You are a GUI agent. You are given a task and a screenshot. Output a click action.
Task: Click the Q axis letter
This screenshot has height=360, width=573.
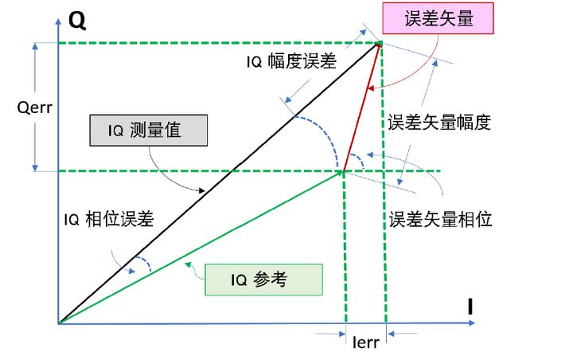point(77,21)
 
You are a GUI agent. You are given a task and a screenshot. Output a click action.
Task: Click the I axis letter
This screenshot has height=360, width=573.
point(470,307)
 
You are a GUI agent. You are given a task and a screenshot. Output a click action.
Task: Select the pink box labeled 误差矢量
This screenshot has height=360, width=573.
point(438,18)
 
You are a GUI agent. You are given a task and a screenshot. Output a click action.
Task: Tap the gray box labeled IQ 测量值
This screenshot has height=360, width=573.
point(148,131)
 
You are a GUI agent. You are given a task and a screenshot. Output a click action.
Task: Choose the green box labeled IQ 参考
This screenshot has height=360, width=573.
point(263,280)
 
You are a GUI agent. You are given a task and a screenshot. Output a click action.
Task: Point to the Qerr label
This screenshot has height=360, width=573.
point(35,108)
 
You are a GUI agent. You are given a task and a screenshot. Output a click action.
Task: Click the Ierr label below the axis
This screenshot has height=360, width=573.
point(365,342)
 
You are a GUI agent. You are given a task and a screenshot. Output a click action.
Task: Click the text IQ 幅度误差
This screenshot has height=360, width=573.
point(291,61)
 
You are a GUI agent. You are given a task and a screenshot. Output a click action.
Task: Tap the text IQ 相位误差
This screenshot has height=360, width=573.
point(108,219)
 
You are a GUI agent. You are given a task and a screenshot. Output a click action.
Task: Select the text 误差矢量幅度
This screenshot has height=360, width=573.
point(439,122)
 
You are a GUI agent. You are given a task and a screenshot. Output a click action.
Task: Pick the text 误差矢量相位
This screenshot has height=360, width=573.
point(440,220)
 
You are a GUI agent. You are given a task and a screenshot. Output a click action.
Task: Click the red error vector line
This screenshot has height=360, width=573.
point(362,107)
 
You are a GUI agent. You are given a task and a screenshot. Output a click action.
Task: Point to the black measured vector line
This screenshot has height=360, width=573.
point(220,183)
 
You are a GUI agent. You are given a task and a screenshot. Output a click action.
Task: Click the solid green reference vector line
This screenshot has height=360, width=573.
point(201,248)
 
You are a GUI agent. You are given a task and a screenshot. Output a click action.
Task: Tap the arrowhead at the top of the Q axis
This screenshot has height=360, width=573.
point(58,22)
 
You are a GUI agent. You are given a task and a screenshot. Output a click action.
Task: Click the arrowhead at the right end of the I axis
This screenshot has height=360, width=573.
point(472,323)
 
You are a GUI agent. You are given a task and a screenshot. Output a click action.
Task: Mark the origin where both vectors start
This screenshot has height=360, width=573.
point(59,323)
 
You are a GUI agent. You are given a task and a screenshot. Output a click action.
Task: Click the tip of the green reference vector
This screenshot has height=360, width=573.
point(342,171)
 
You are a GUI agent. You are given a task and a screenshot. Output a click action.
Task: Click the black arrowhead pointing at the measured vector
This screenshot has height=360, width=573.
point(201,190)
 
